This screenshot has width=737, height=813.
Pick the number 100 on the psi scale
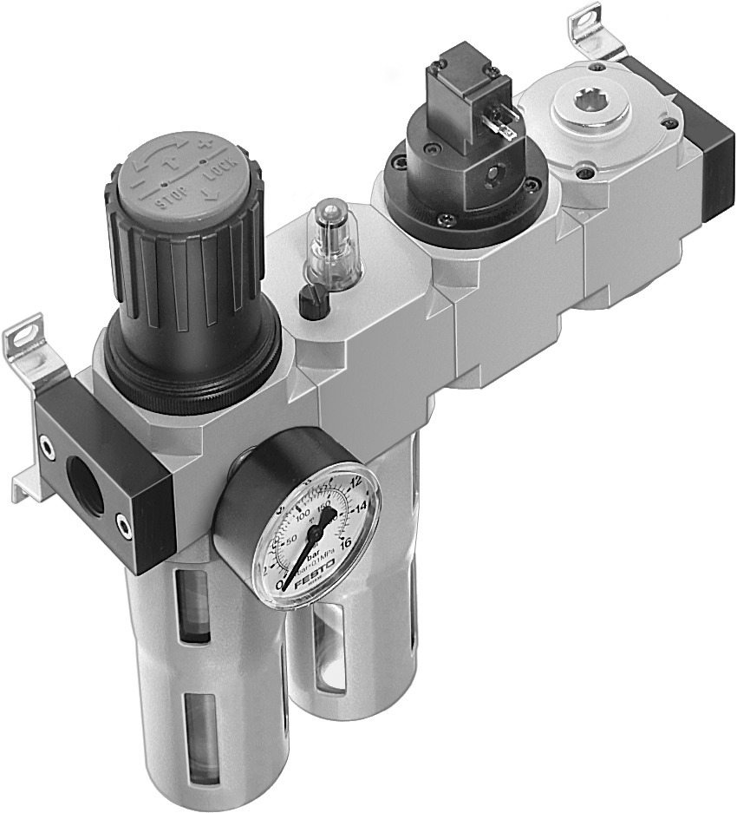[x=303, y=518]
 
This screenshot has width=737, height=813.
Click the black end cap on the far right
[x=714, y=152]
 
